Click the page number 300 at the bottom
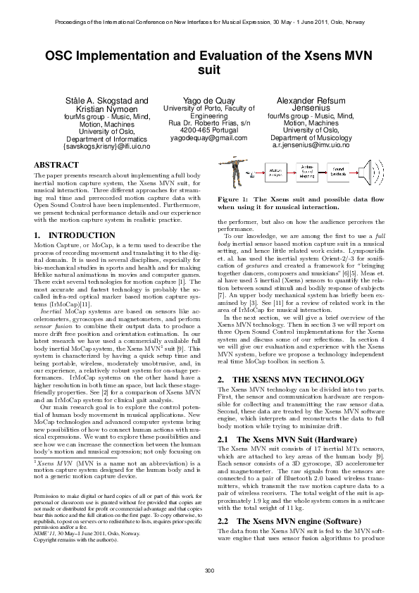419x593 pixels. tap(209, 570)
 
